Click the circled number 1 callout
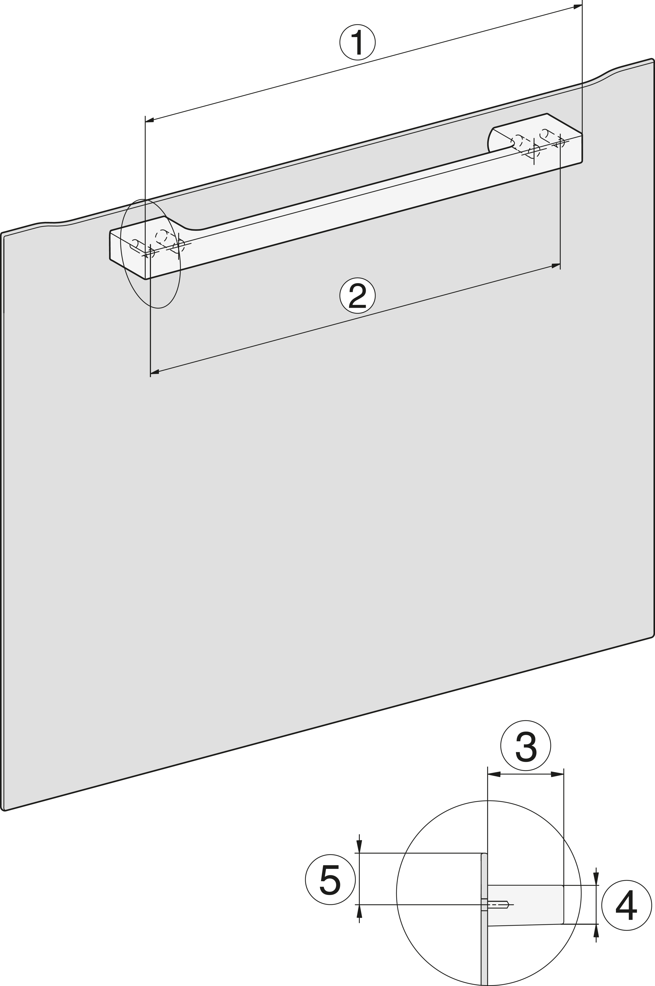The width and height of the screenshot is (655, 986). pyautogui.click(x=358, y=43)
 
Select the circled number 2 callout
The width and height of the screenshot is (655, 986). pyautogui.click(x=357, y=295)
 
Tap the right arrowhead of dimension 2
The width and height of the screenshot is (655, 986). pyautogui.click(x=556, y=265)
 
